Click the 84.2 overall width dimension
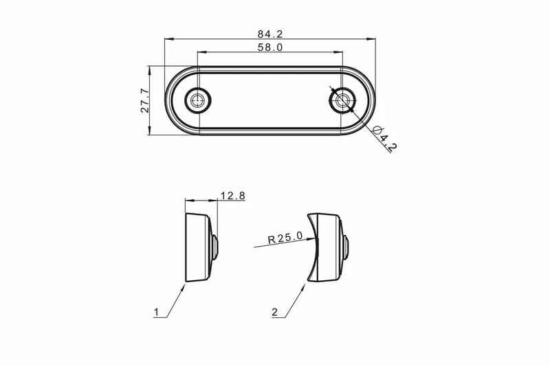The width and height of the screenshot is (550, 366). point(270,34)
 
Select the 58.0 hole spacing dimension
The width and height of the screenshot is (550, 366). point(270,47)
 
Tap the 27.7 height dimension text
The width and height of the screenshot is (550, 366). point(145,101)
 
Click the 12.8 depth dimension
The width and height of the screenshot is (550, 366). point(232,196)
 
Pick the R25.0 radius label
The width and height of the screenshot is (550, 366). point(285,238)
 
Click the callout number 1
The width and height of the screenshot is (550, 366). point(157,312)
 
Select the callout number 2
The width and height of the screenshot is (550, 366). point(274,312)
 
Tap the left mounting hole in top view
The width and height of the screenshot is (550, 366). point(198,101)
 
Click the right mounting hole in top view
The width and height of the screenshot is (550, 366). point(341,101)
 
